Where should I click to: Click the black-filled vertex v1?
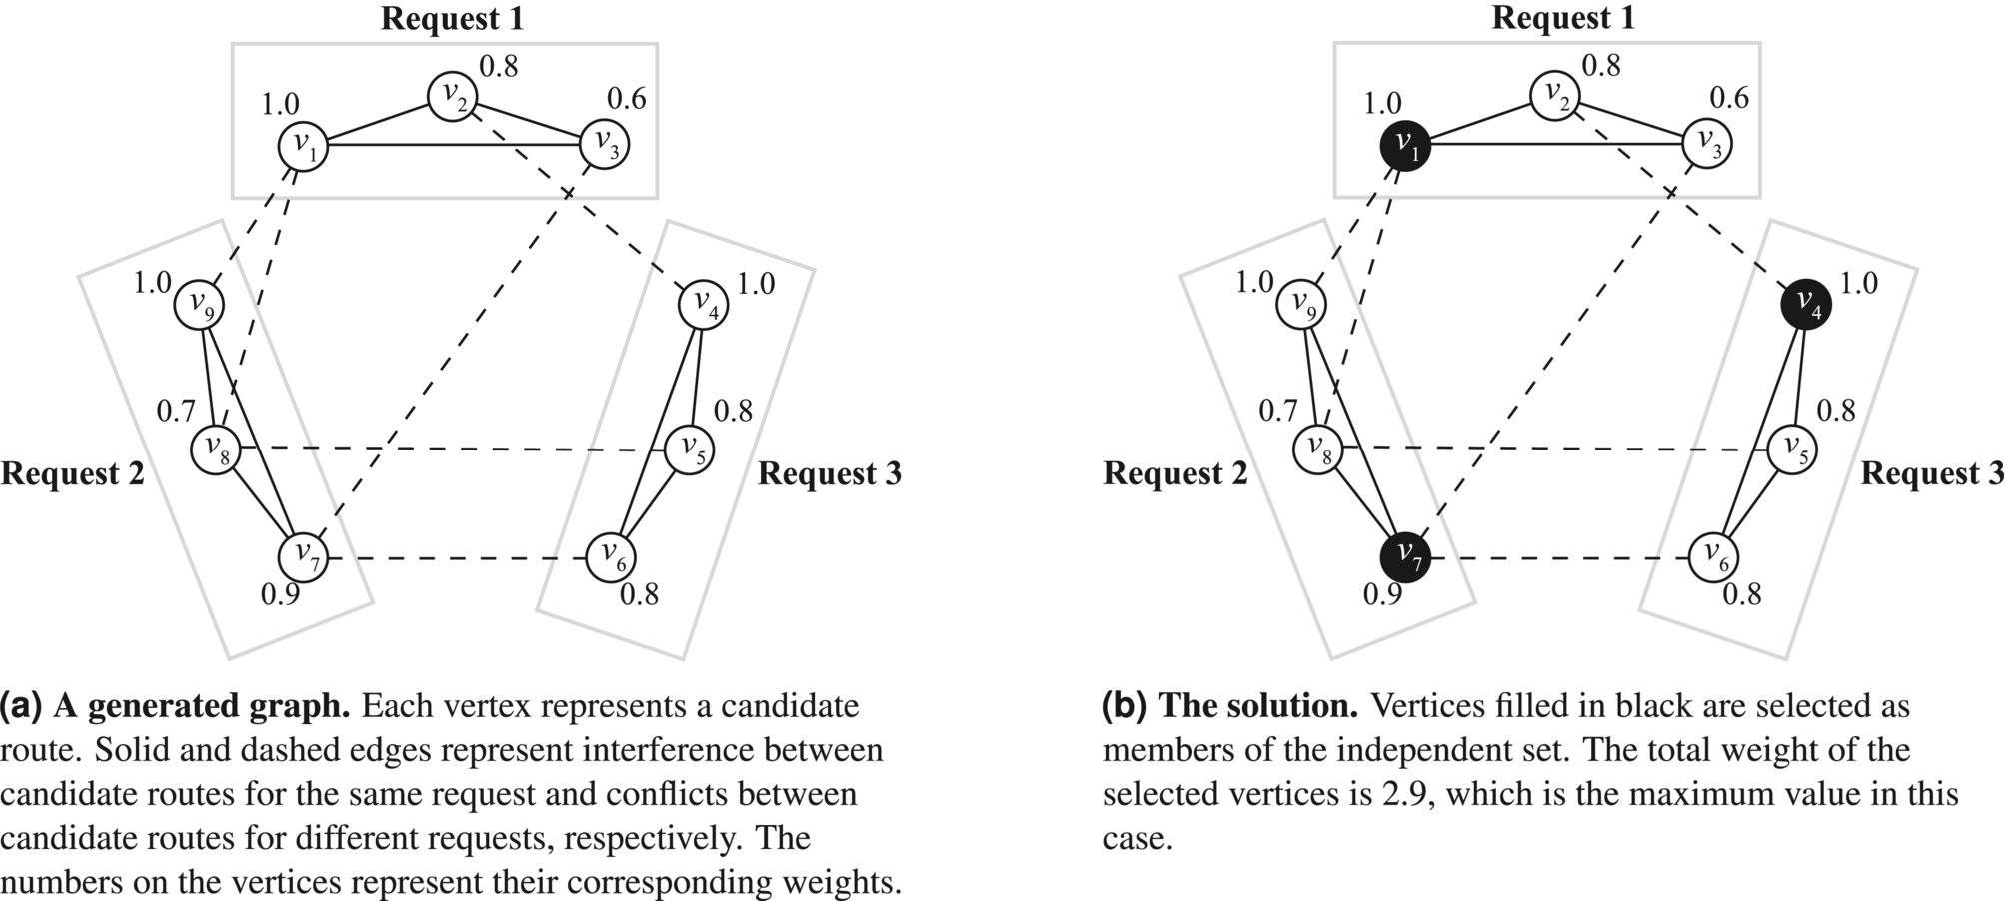click(1405, 146)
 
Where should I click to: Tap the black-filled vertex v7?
click(1405, 555)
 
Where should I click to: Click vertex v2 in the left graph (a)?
click(453, 96)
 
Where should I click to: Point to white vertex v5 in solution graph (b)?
click(1792, 449)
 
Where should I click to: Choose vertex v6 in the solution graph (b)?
click(1713, 556)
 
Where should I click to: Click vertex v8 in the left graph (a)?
click(216, 449)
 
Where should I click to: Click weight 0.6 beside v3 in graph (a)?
click(627, 99)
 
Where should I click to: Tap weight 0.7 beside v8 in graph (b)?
click(1277, 411)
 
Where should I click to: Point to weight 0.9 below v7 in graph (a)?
click(280, 595)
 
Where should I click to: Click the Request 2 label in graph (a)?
click(73, 473)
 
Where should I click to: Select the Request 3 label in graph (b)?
click(1931, 473)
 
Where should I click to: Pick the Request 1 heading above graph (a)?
click(452, 18)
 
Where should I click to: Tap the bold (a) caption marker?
click(21, 706)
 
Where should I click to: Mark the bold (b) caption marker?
click(1124, 706)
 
